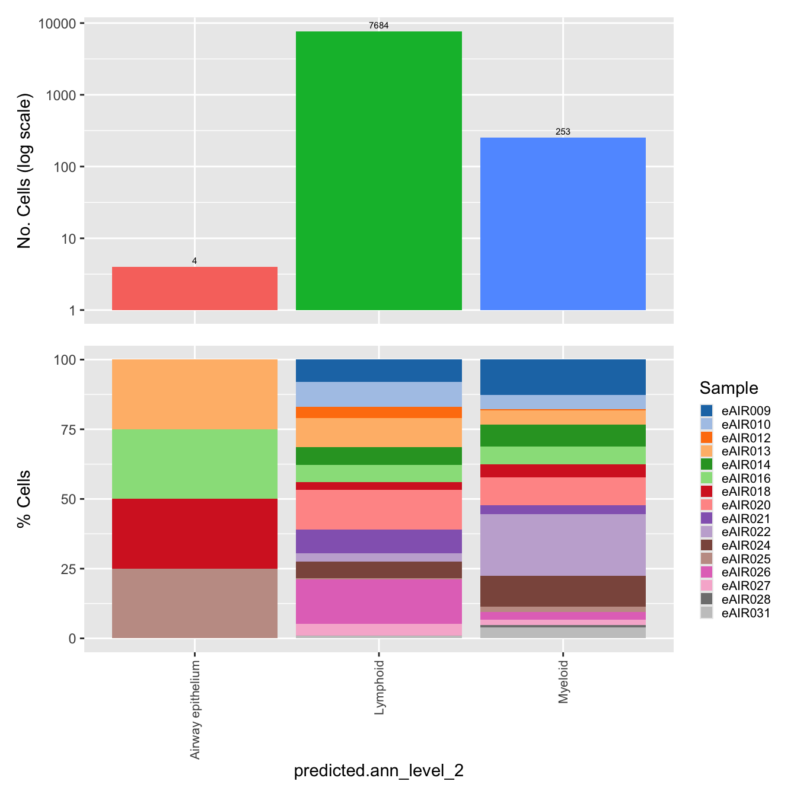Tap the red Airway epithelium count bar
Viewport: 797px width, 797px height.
[195, 288]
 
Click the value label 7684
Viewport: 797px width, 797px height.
[378, 25]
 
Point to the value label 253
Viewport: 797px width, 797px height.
[563, 132]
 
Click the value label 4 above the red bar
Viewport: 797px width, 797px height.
[195, 261]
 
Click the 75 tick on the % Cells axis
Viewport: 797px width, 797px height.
[68, 429]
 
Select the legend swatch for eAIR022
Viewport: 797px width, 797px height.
[706, 532]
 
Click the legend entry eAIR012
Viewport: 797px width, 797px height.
[745, 438]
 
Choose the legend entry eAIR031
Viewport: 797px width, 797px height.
[745, 613]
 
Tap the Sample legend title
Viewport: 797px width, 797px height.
[728, 388]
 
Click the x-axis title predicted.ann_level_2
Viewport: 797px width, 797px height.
[378, 770]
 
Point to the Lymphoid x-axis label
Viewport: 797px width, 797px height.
[380, 687]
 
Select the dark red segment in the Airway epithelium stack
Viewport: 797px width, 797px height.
[195, 534]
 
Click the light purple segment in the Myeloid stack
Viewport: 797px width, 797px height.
[562, 544]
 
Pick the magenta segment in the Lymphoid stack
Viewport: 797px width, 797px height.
[378, 601]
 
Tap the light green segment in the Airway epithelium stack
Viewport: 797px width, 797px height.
[195, 464]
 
